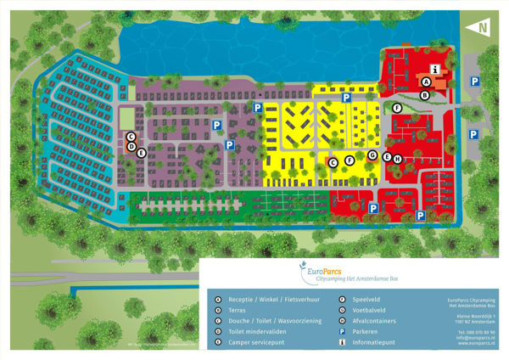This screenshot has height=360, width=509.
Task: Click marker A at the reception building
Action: coord(426,82)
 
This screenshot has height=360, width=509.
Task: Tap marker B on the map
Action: coord(425,95)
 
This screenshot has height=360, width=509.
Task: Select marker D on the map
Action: coord(131,145)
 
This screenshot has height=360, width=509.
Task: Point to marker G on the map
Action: coord(372,155)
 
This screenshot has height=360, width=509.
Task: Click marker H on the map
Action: coord(396,158)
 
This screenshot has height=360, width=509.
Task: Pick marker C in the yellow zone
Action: coord(333,161)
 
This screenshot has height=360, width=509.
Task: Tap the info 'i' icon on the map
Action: coord(434,69)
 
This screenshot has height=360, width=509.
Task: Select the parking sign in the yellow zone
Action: coord(346,98)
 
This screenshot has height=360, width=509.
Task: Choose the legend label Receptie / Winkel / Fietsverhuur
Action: coord(263,300)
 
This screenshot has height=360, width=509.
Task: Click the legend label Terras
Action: coord(235,311)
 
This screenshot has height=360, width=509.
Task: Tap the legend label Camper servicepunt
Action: coord(249,343)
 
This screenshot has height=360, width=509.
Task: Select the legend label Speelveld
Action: coord(364,300)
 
